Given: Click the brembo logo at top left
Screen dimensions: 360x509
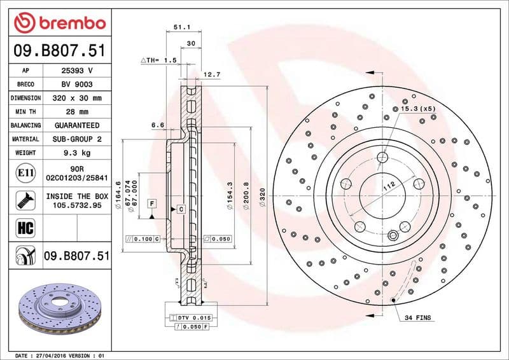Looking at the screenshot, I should point(59,23).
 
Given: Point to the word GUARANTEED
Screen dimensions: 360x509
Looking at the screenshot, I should point(77,126).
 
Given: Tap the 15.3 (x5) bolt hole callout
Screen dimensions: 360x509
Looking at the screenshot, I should point(417,109).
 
